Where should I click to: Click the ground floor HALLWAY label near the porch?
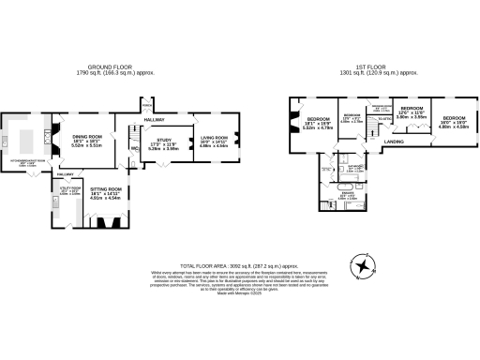pos(155,120)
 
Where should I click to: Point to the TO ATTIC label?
pos(384,120)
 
